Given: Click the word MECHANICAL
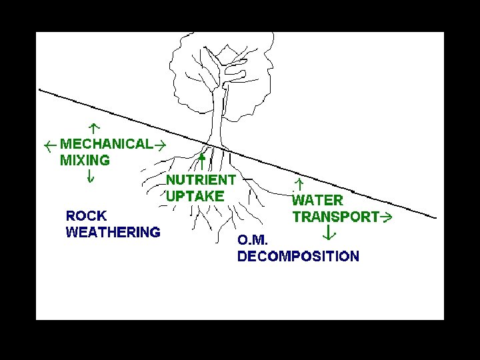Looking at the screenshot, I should [107, 144].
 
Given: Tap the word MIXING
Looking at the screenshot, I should [85, 160].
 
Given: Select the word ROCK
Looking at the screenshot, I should [86, 216].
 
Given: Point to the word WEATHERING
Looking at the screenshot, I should [113, 232].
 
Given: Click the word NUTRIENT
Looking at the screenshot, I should [201, 179].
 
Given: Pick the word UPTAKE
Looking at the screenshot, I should [195, 196].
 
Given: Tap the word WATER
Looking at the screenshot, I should [318, 200].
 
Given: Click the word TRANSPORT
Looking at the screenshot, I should [336, 217].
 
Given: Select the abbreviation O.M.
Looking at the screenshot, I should [253, 240].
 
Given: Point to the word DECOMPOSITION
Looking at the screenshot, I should [298, 257].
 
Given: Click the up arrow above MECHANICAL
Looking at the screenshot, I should [94, 126].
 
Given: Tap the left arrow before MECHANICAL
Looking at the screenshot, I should [49, 145].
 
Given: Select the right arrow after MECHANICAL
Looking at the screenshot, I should [160, 144].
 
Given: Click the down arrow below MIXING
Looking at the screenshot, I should [90, 176].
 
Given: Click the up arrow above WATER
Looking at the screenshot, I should [299, 183].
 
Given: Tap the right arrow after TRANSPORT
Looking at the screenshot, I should [385, 217].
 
